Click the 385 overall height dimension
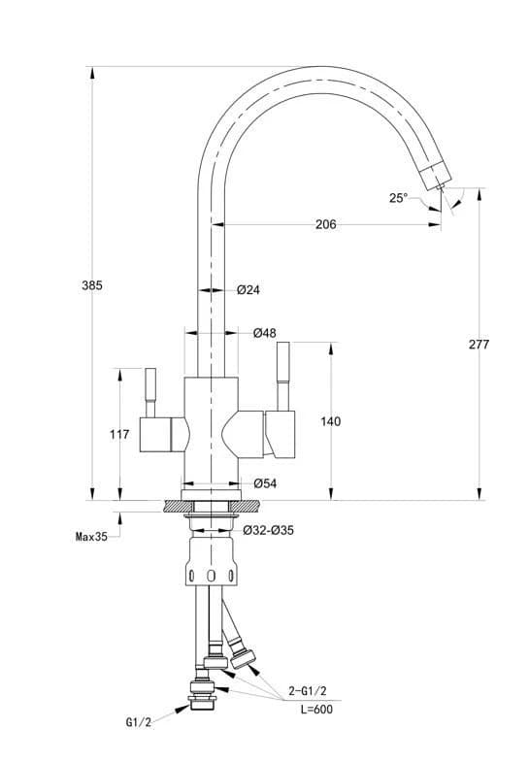tap(92, 285)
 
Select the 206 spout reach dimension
tap(325, 224)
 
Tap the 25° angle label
tap(398, 198)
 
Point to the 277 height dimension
tap(479, 345)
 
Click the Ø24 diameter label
tap(248, 290)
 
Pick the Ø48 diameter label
tap(265, 333)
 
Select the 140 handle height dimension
tap(331, 421)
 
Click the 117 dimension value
tap(119, 434)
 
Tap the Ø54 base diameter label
tap(265, 483)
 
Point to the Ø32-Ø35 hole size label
tap(269, 530)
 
